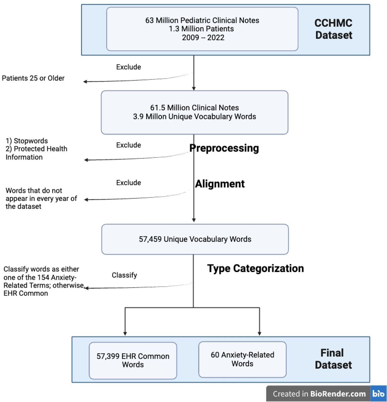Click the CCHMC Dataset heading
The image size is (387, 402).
tap(333, 29)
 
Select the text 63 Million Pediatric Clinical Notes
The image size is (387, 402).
tap(202, 20)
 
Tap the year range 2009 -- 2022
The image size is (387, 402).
tap(203, 38)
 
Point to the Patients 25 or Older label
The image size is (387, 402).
tap(33, 78)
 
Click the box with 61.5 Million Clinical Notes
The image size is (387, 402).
tap(194, 112)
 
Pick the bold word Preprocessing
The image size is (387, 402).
tap(224, 148)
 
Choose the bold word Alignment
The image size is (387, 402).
tap(220, 184)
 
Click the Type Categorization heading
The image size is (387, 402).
tap(256, 268)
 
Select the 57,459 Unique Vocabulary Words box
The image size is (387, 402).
tap(195, 239)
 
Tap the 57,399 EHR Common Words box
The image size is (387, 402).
tap(133, 360)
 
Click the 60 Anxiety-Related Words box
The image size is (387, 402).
tap(242, 359)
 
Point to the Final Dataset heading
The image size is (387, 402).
tap(333, 359)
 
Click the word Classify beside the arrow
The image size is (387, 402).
tap(124, 275)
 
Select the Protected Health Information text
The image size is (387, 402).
tap(36, 153)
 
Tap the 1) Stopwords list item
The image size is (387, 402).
tap(27, 141)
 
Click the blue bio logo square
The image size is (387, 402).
tap(378, 394)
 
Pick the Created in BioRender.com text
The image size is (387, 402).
tap(319, 394)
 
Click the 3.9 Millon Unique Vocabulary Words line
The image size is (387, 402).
tap(194, 117)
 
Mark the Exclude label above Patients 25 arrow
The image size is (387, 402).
tap(129, 67)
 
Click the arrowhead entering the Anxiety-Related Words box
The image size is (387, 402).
tap(259, 334)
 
